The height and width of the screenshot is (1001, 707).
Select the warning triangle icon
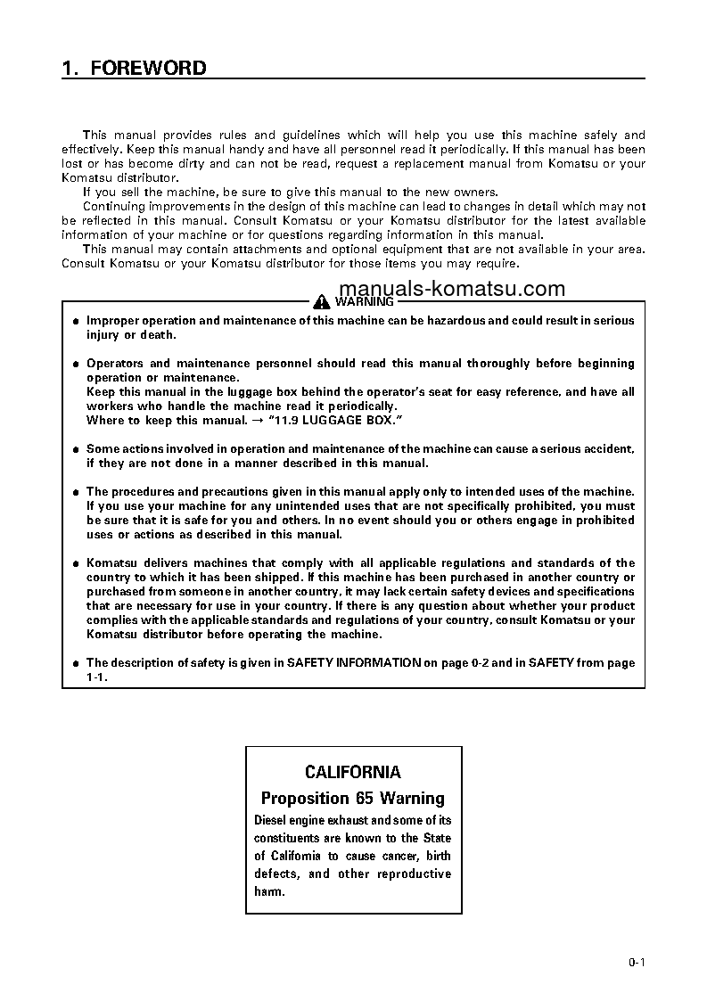pyautogui.click(x=323, y=301)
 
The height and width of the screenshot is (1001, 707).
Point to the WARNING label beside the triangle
pyautogui.click(x=364, y=301)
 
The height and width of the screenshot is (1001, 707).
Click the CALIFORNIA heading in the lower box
pyautogui.click(x=353, y=772)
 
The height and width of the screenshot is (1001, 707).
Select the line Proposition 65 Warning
pyautogui.click(x=353, y=798)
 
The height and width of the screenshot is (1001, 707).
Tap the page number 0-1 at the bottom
pyautogui.click(x=636, y=962)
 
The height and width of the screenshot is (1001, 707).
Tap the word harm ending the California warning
pyautogui.click(x=269, y=891)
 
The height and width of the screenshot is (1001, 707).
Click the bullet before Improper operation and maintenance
pyautogui.click(x=76, y=321)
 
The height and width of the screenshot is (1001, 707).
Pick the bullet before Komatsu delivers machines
pyautogui.click(x=76, y=563)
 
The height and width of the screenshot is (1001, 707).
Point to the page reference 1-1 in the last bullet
pyautogui.click(x=95, y=677)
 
